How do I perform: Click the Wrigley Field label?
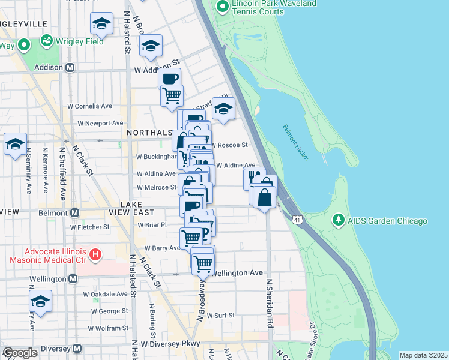click(80, 41)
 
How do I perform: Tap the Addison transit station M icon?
click(70, 68)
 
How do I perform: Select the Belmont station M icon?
click(75, 212)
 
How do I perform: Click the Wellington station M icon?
click(73, 279)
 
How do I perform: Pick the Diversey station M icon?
click(77, 349)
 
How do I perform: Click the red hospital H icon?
click(94, 256)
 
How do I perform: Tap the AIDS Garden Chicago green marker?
click(340, 221)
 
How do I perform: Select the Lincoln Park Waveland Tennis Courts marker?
click(223, 7)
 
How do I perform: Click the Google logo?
click(20, 352)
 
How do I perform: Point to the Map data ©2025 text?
click(423, 355)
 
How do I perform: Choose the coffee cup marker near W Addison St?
click(170, 79)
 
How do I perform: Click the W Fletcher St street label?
click(90, 227)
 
